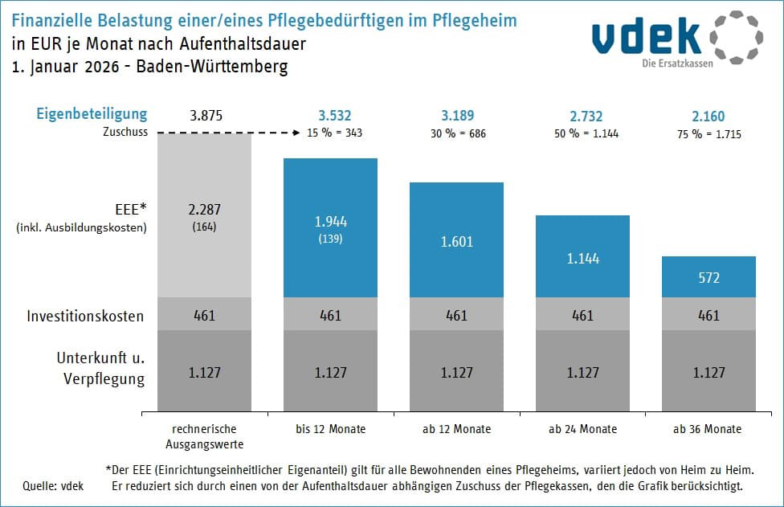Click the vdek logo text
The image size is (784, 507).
(648, 38)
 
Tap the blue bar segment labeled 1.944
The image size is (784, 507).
(330, 227)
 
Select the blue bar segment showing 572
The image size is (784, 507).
(708, 277)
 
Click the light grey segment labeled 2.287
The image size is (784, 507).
(205, 215)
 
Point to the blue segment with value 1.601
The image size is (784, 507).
(456, 240)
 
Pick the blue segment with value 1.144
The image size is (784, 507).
(582, 257)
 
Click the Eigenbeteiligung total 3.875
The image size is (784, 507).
(205, 116)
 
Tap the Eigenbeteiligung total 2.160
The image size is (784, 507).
(708, 116)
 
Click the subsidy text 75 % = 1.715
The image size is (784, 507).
(708, 133)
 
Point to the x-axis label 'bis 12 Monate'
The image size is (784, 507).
(330, 429)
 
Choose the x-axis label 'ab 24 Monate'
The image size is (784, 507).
(582, 429)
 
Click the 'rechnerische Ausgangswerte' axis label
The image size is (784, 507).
(205, 436)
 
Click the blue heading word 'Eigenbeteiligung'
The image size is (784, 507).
(92, 114)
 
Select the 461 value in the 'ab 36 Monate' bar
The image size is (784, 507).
(708, 316)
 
